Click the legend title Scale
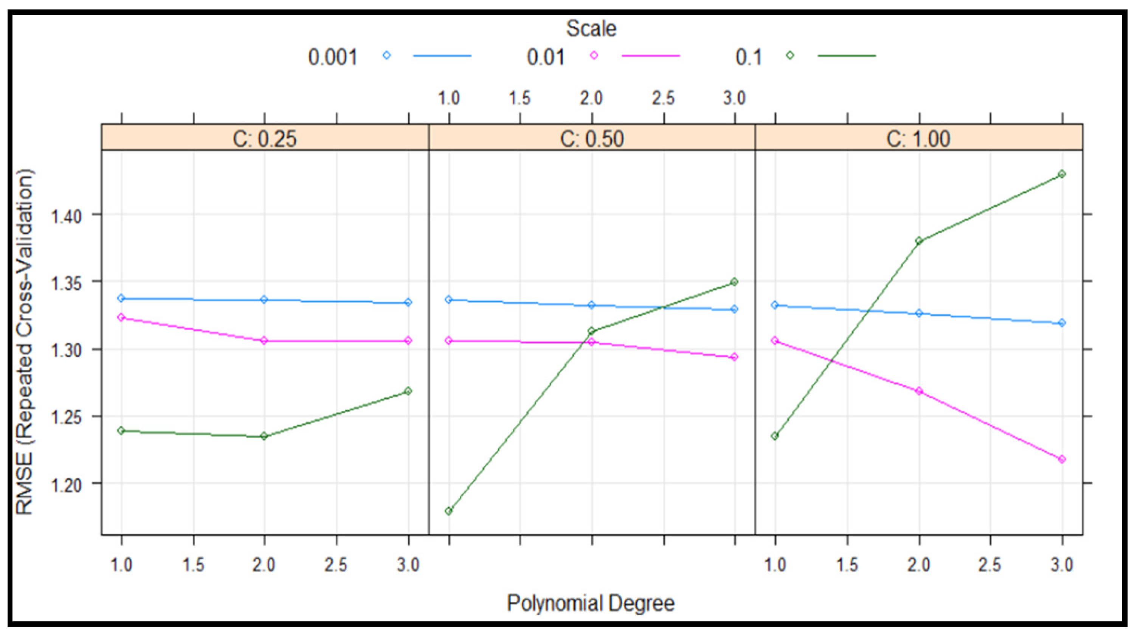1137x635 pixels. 591,29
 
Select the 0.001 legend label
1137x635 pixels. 333,57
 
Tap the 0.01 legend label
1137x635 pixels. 546,57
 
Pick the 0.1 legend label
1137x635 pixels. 749,57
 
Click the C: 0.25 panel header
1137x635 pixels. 265,139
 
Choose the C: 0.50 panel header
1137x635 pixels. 592,139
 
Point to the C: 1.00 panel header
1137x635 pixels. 918,139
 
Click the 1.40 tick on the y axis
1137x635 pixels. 66,216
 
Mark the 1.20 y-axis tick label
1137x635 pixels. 66,485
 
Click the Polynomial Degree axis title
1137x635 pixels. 591,603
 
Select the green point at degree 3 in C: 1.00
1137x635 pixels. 1062,174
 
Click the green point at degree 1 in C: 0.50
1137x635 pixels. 448,511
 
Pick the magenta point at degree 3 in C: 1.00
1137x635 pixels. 1062,459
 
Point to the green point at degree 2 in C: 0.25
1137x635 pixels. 264,436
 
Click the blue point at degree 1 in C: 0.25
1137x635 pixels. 121,298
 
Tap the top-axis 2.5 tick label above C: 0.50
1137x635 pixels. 663,98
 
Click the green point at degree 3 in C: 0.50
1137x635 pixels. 734,282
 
